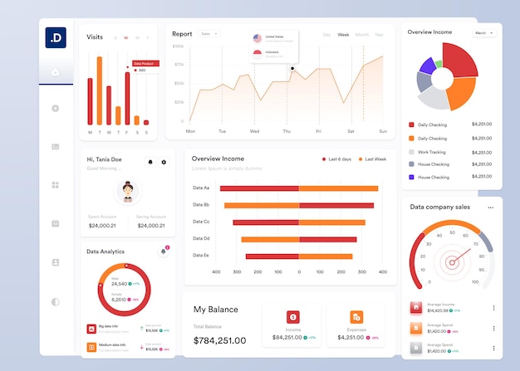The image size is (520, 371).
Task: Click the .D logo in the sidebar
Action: tap(56, 38)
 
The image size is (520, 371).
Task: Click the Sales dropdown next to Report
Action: tap(208, 34)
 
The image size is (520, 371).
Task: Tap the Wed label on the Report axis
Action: tap(254, 131)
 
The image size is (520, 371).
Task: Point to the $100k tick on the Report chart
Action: tap(179, 46)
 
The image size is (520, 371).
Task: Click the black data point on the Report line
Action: tap(292, 68)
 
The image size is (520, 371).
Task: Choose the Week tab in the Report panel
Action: tap(343, 35)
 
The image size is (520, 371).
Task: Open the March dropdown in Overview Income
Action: tap(483, 32)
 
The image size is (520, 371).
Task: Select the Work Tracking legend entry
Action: tap(431, 152)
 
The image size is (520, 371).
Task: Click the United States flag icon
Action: tap(258, 38)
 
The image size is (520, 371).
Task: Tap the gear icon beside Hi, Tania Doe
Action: tap(164, 162)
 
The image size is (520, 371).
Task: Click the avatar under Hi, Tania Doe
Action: tap(128, 191)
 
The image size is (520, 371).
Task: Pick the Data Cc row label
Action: tap(201, 222)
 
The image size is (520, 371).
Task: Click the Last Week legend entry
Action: tap(372, 159)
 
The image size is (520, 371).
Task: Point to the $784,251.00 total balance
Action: tap(219, 340)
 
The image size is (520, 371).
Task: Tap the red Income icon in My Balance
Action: tap(292, 317)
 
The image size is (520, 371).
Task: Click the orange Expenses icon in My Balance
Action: tap(356, 317)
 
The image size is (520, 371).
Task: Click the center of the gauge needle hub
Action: tap(452, 263)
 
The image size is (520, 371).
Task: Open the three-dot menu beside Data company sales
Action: tap(490, 207)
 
